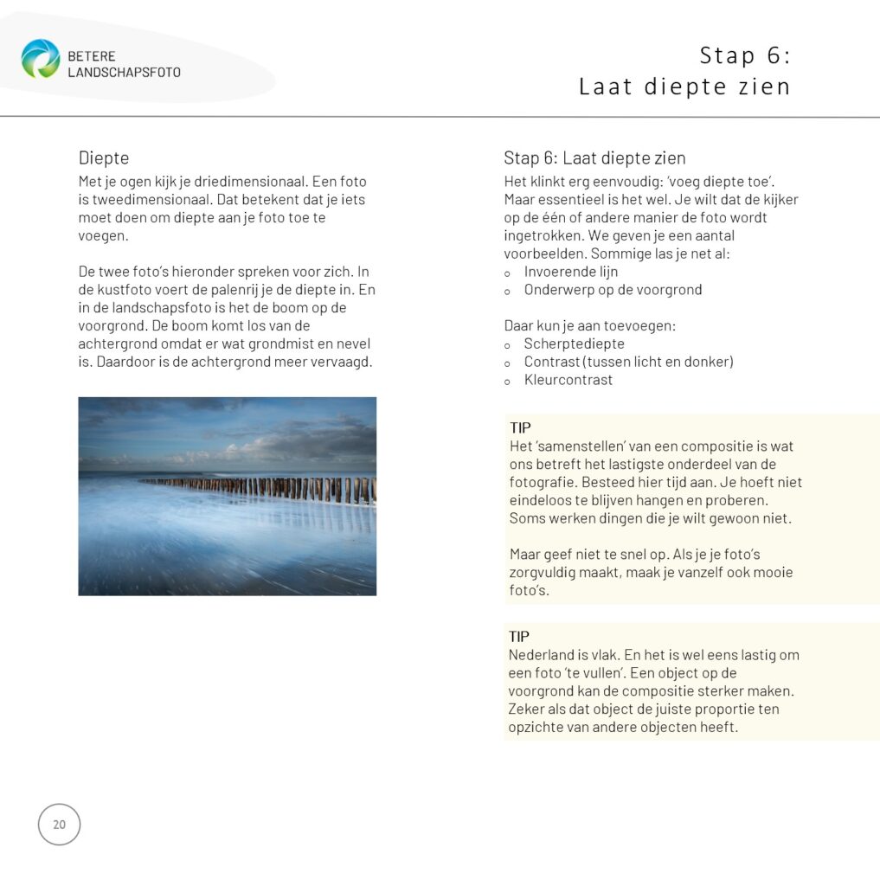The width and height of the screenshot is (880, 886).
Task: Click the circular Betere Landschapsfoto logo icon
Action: click(41, 59)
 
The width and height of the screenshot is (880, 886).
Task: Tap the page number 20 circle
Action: click(59, 825)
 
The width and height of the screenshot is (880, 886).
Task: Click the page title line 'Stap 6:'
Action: click(745, 55)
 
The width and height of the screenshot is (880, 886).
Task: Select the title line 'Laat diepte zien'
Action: click(684, 87)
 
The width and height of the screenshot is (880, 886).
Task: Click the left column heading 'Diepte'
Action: click(104, 158)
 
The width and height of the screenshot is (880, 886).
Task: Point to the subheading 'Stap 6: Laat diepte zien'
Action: click(594, 158)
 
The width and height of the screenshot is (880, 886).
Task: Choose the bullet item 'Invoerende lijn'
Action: click(570, 272)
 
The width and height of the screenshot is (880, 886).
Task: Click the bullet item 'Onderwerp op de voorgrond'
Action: click(613, 290)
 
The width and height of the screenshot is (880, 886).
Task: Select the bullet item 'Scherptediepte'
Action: click(574, 343)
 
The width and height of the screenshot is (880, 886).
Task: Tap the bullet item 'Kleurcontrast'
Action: click(568, 380)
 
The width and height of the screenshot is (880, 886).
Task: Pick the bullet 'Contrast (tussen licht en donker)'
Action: click(628, 362)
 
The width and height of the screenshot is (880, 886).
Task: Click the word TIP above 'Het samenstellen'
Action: click(520, 428)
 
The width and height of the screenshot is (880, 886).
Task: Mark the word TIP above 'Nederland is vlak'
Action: click(519, 637)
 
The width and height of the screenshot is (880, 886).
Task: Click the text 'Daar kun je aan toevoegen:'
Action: click(588, 326)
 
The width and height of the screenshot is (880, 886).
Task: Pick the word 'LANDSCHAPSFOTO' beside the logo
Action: click(124, 73)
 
